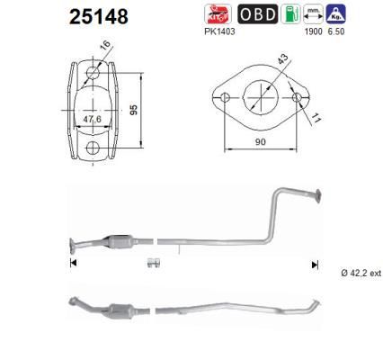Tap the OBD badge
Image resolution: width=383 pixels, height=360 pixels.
coord(258,14)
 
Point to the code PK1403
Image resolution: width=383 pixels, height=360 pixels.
coord(220,31)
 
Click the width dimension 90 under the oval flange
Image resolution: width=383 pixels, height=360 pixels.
coord(261,141)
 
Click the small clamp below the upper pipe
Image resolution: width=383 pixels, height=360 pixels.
coord(153,263)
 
